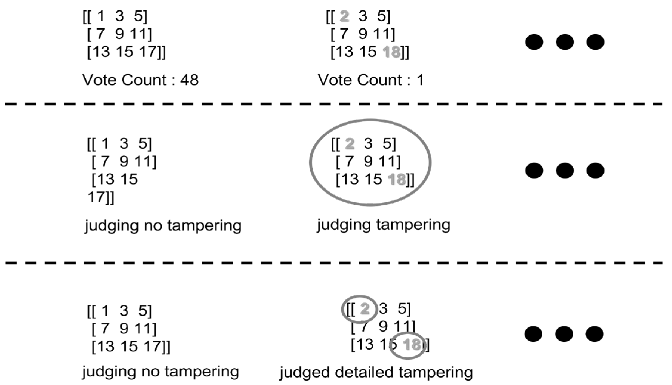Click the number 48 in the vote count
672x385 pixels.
(x=189, y=80)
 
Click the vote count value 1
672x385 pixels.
(x=420, y=80)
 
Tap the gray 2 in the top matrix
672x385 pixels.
(x=344, y=16)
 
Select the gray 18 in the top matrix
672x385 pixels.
(x=391, y=52)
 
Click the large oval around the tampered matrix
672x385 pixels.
(x=310, y=163)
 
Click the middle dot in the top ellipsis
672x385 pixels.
(x=565, y=42)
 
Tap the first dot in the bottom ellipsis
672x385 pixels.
(x=533, y=334)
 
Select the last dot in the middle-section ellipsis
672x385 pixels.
(x=595, y=171)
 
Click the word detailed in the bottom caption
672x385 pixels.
(x=364, y=372)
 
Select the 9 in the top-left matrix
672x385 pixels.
(x=119, y=34)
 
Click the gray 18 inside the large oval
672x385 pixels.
(x=397, y=180)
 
